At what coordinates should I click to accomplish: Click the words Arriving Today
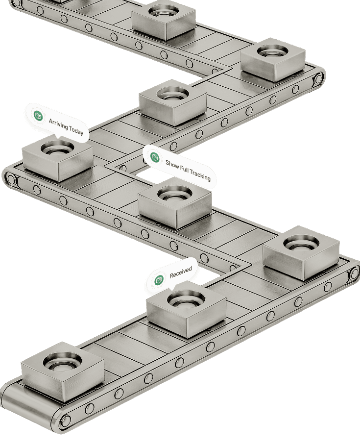pos(66,126)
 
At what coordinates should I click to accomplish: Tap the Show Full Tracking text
pos(188,171)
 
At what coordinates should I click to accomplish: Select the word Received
pos(181,272)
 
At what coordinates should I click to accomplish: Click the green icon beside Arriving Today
pos(38,116)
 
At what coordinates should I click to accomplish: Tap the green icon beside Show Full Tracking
pos(155,157)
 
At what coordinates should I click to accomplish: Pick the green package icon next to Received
pos(159,280)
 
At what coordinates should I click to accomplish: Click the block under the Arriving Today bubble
pos(58,158)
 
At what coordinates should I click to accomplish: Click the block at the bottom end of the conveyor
pos(62,371)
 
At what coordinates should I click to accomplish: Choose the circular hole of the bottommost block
pos(62,361)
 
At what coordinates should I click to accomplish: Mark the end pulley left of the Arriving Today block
pos(11,179)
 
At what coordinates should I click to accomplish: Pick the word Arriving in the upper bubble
pos(58,124)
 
